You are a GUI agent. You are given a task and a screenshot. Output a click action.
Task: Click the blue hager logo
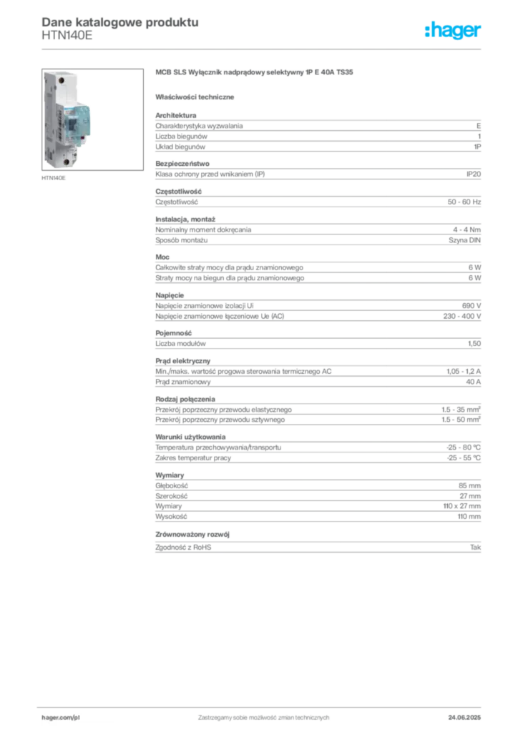(454, 31)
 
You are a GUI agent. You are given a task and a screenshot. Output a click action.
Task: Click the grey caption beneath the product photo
(54, 177)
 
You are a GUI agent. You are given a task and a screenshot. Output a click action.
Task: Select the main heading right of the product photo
(254, 74)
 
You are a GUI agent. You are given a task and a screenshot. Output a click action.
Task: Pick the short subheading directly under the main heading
(197, 96)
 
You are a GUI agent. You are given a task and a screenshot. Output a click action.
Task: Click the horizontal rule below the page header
(263, 49)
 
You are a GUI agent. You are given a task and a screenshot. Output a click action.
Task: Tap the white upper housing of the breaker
(64, 86)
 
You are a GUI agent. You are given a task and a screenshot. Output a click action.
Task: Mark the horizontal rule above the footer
(263, 704)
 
